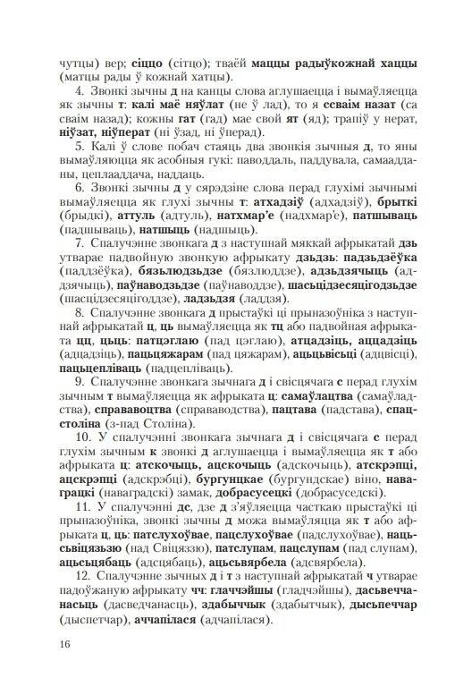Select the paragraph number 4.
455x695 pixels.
(x=81, y=91)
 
